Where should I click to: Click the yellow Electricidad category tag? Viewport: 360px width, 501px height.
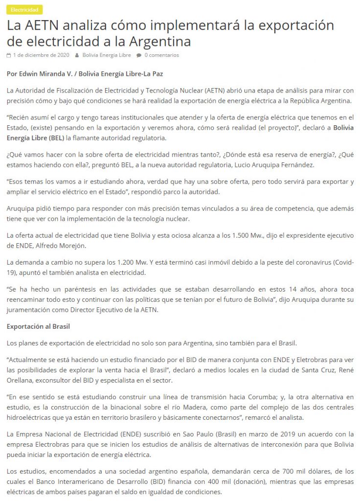[x=25, y=10]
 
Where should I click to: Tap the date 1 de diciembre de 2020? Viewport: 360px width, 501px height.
[x=41, y=55]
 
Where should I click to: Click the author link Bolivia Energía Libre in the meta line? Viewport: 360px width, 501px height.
[x=107, y=55]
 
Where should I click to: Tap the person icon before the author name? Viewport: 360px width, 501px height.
[x=77, y=55]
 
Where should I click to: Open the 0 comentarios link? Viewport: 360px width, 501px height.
[x=161, y=55]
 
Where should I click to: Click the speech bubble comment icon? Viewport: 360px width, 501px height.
[x=139, y=55]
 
